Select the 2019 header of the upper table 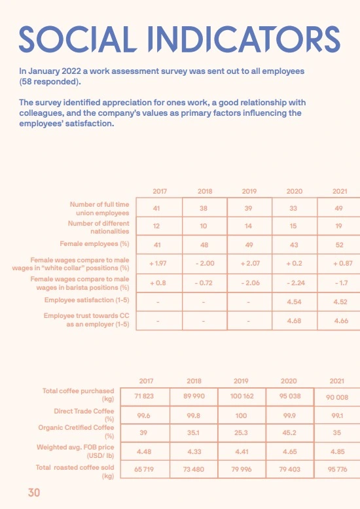click(249, 191)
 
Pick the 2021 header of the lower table click(336, 381)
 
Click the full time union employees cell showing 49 click(339, 208)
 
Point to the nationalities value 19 click(339, 226)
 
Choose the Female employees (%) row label click(95, 243)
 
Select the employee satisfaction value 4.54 click(294, 302)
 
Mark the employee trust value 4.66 click(339, 321)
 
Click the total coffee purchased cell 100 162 click(245, 396)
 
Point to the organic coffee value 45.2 click(289, 432)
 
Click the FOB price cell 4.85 click(336, 451)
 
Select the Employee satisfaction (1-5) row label click(86, 300)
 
